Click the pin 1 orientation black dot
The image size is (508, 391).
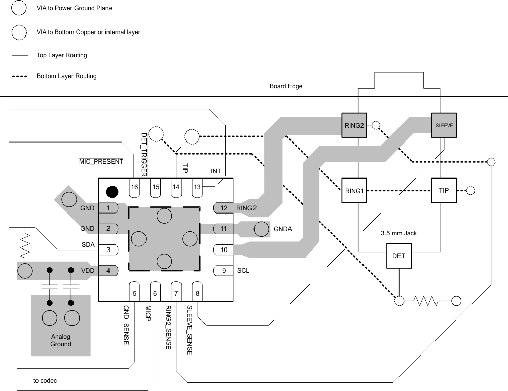112,192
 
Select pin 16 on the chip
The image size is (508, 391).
134,186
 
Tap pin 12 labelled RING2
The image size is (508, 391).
224,208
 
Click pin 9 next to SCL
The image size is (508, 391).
224,270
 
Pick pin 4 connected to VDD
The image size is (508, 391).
108,270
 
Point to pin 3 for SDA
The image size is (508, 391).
108,250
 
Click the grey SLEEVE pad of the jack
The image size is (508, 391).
444,125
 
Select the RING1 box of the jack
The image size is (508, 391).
354,191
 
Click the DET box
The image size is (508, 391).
399,256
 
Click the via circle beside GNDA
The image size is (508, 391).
261,229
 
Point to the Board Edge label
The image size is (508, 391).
286,86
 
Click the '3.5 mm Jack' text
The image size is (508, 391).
398,234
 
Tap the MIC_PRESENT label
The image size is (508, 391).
101,162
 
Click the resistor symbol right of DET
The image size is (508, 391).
427,301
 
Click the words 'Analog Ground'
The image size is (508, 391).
61,340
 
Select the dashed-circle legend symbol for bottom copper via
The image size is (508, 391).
19,32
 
